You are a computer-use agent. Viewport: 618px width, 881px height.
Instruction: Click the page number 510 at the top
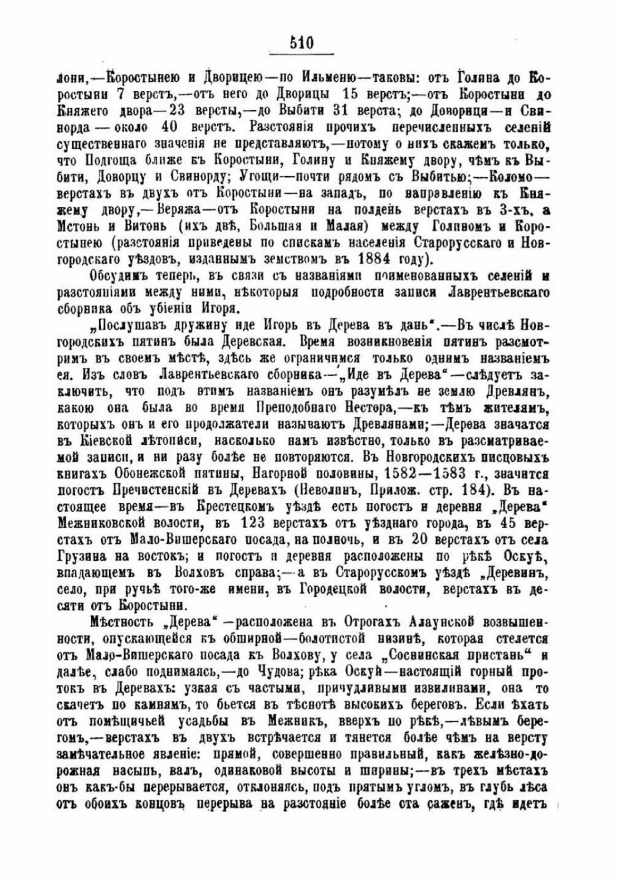pos(302,43)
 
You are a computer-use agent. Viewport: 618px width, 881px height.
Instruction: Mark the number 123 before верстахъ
pos(255,523)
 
